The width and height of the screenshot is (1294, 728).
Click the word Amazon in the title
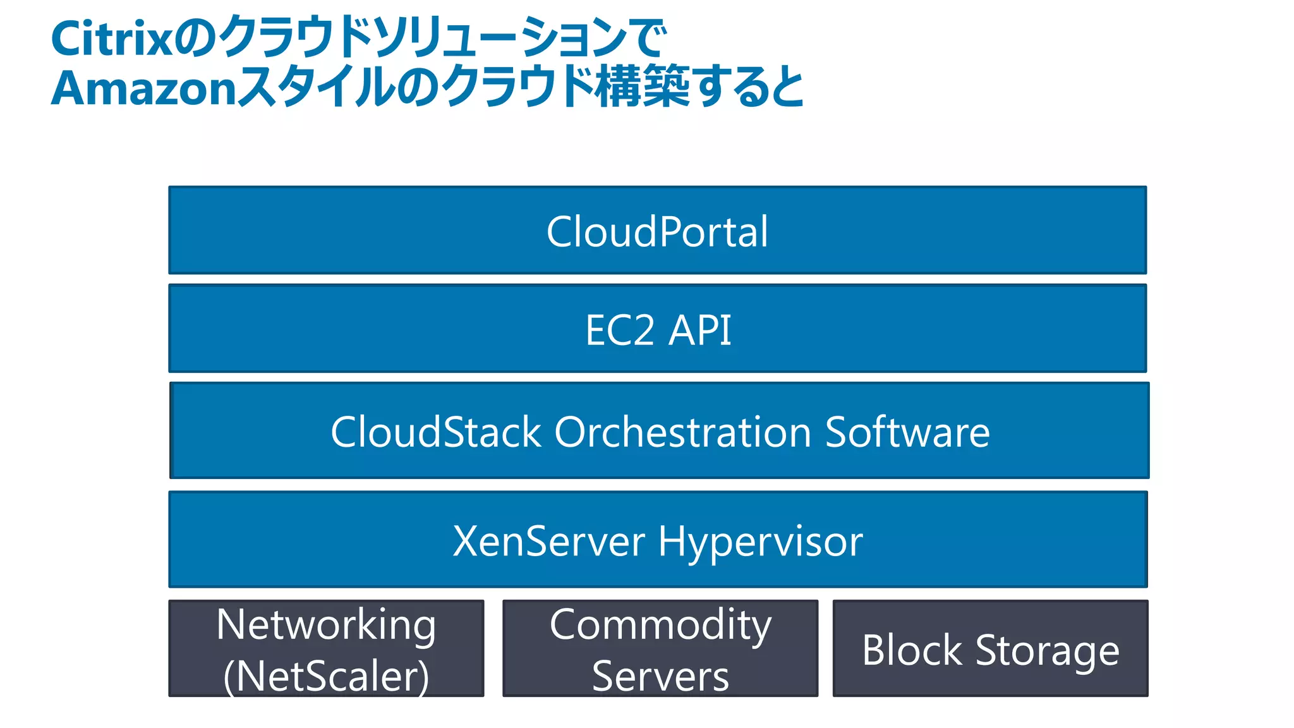[x=144, y=88]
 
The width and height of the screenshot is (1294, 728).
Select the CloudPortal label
[x=657, y=231]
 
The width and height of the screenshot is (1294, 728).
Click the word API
[x=700, y=330]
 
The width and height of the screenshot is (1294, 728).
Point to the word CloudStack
[x=436, y=432]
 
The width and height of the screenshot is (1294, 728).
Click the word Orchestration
[x=682, y=432]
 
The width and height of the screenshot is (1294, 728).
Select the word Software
[x=907, y=432]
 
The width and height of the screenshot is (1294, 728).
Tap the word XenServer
[x=549, y=542]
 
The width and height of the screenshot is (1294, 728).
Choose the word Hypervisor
[x=760, y=542]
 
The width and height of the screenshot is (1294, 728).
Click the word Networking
[x=326, y=624]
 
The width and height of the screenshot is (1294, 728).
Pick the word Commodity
[x=660, y=624]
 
